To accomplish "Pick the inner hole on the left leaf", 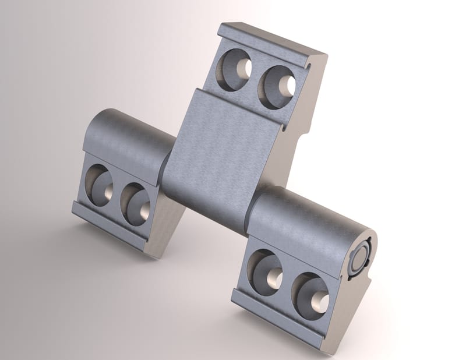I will click(x=136, y=203).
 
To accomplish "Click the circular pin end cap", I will click(x=359, y=256).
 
